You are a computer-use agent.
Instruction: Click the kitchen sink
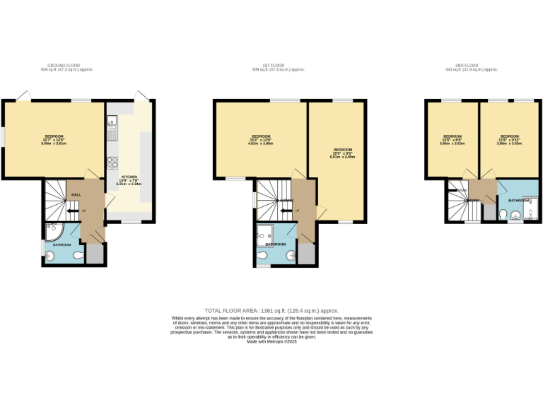112,129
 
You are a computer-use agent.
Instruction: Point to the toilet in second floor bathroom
503,215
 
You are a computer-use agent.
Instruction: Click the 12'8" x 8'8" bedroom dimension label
452,140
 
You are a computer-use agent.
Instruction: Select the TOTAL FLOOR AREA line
271,310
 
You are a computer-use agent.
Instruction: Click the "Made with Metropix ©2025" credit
271,341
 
